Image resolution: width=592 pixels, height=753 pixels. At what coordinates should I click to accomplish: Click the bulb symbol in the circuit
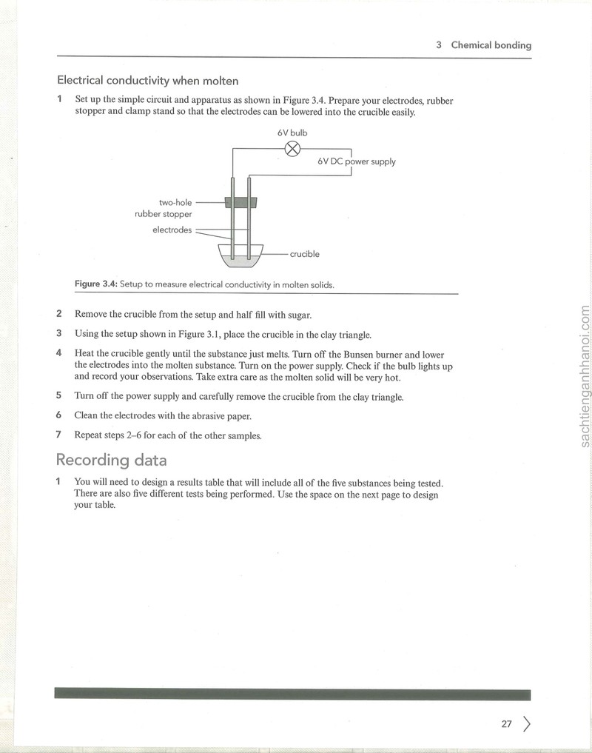pos(292,149)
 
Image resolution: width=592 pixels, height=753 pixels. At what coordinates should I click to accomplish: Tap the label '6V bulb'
pos(292,133)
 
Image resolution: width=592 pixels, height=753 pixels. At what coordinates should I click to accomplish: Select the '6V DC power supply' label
pos(356,161)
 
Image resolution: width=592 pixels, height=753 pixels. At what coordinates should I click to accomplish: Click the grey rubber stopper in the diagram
pos(241,202)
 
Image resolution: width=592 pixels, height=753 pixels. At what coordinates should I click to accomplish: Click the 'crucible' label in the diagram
pos(304,254)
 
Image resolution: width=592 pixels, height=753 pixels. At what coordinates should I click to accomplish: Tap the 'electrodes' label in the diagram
pos(172,230)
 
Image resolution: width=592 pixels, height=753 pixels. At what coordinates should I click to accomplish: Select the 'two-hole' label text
pos(175,203)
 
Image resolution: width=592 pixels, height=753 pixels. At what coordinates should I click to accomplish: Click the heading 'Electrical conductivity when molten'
pos(148,81)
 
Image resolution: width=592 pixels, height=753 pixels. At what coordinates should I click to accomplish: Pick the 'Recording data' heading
pos(112,460)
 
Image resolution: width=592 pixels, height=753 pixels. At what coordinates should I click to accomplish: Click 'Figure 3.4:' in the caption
pos(96,284)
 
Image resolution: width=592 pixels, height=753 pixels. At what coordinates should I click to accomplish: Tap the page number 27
pos(507,723)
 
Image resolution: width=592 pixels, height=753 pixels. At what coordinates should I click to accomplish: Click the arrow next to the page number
pos(527,723)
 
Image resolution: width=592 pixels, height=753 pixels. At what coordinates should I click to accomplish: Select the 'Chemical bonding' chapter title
pos(491,45)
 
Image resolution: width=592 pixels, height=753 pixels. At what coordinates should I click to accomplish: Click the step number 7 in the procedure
pos(58,435)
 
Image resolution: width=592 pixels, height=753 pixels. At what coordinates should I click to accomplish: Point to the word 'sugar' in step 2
pos(300,315)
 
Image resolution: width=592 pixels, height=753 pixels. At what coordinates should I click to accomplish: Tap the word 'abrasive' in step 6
pos(207,416)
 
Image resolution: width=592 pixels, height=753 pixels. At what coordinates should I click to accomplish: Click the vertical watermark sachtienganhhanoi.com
pos(585,376)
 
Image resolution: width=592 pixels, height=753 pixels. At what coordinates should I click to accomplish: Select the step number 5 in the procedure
pos(58,395)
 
